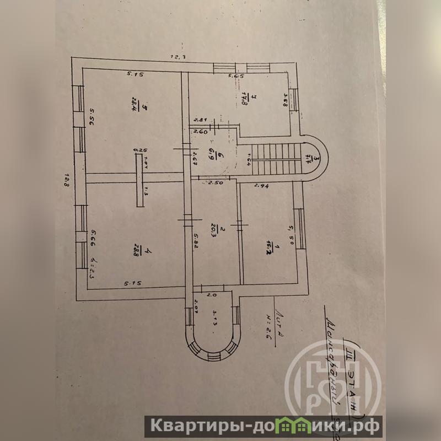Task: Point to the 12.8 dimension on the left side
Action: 66,180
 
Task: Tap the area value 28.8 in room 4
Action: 135,253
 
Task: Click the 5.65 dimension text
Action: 236,76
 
